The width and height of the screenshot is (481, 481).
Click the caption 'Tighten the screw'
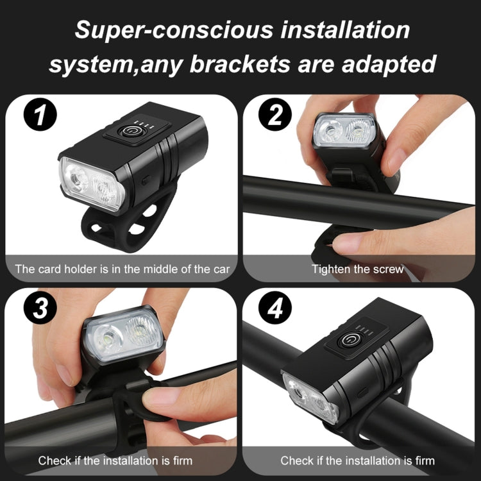[358, 268]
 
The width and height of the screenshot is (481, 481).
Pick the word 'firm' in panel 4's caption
[423, 460]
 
